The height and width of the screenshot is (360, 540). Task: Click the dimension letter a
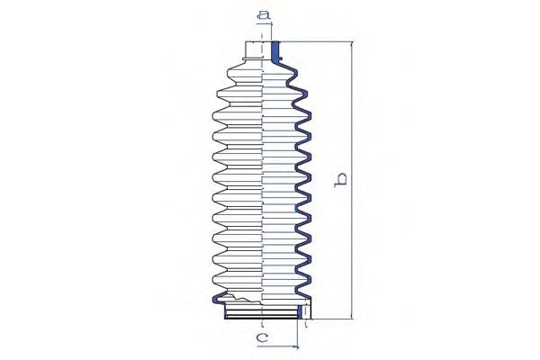pos(264,14)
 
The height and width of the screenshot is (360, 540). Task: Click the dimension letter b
pos(340,181)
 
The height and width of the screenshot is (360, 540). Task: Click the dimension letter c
pos(263,337)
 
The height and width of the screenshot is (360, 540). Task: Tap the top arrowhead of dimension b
pos(352,44)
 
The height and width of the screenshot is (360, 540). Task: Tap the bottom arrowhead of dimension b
pos(352,316)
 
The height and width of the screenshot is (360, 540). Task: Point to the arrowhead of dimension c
pos(295,347)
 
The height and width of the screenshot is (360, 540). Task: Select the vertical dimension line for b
pos(352,181)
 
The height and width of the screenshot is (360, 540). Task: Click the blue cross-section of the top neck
pos(275,52)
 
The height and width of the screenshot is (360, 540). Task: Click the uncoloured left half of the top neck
pos(253,50)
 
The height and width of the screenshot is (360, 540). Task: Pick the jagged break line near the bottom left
pos(242,298)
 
